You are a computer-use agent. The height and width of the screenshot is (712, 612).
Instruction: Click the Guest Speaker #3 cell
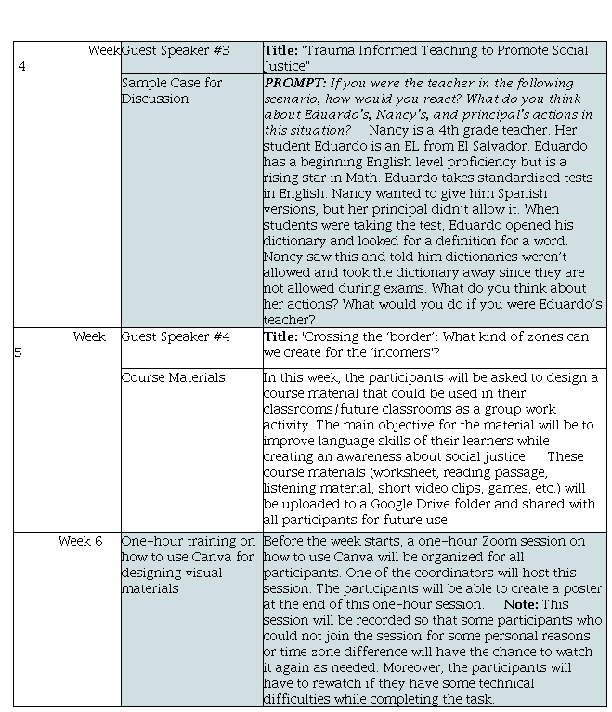click(176, 50)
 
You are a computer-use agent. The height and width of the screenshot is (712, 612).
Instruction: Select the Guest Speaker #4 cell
click(176, 336)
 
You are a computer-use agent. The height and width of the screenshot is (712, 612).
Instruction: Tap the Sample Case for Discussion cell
click(172, 90)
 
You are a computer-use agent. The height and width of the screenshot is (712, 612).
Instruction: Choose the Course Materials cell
click(174, 377)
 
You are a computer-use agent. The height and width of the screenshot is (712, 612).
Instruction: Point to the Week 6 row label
click(80, 541)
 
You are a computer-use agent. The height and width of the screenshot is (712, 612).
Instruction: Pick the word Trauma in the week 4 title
click(333, 50)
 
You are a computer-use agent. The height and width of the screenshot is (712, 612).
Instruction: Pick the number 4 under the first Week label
click(22, 66)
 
